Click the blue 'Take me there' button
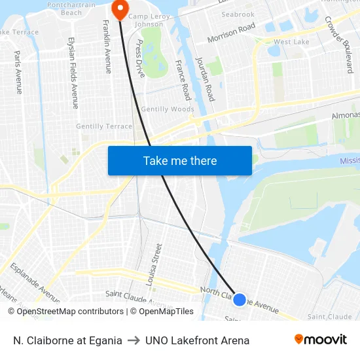coord(179,160)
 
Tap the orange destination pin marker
coord(120,9)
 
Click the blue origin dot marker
coord(240,299)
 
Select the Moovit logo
coord(320,340)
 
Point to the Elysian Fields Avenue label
coord(73,72)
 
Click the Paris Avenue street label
coord(18,72)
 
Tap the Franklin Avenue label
coord(107,46)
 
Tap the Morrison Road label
coord(231,33)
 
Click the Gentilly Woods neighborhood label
coord(168,109)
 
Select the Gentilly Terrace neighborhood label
coord(104,126)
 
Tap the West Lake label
coord(291,42)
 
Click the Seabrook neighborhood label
coord(238,14)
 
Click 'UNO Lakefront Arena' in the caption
coord(197,340)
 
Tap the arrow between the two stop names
coord(134,340)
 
